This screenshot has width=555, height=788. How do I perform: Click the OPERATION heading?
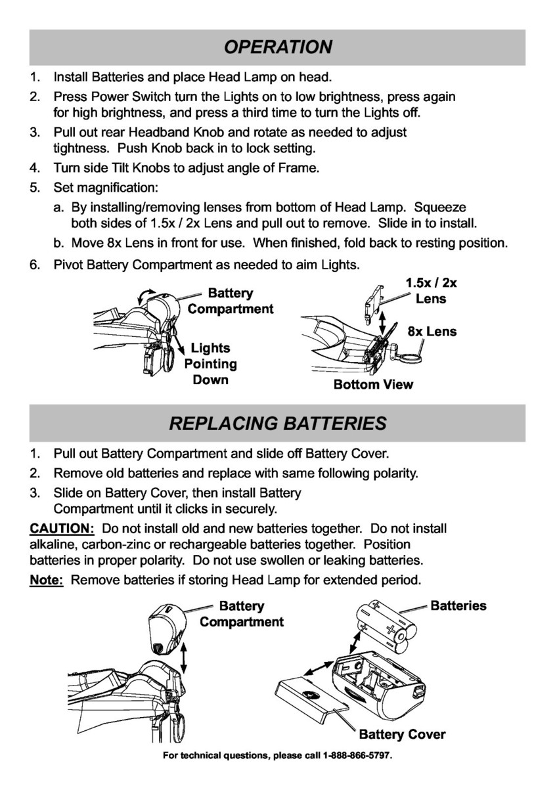click(277, 47)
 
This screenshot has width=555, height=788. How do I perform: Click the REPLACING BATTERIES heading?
click(277, 423)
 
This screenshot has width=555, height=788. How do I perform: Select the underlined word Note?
click(46, 580)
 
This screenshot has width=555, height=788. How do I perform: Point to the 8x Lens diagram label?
click(432, 332)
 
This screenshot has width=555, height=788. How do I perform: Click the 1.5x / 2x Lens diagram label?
click(431, 291)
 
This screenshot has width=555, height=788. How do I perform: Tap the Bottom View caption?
click(373, 384)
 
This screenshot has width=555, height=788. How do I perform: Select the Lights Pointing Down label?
click(210, 364)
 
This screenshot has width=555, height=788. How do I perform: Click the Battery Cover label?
click(402, 734)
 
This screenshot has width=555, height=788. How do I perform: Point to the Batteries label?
click(458, 605)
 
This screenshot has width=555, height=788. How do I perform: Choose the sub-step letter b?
click(58, 243)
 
